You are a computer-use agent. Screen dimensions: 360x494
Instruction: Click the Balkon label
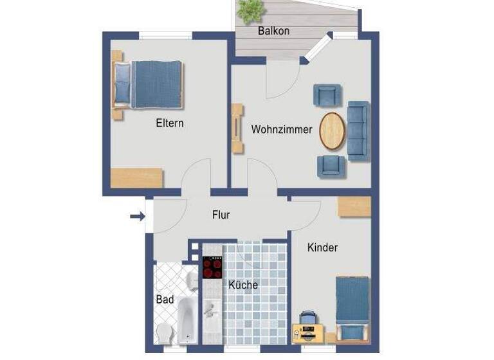point(273,30)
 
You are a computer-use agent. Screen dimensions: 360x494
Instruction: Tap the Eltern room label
point(170,123)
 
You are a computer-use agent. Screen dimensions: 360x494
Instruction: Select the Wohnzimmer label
point(282,129)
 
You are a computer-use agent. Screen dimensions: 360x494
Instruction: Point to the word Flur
point(221,215)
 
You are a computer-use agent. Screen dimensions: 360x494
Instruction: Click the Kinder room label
point(322,248)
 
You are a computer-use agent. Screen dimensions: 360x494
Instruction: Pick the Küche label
point(243,285)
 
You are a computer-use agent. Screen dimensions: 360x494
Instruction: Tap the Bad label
point(165,300)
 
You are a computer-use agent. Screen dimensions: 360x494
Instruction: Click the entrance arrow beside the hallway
point(137,217)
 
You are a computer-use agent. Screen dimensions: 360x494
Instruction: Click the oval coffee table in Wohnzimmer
point(332,131)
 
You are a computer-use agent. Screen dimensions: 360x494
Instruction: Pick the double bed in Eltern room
point(149,84)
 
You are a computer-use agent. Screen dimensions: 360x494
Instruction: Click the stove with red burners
point(213,267)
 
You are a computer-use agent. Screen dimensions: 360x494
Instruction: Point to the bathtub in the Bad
point(186,319)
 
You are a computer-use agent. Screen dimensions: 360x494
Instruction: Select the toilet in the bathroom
point(165,333)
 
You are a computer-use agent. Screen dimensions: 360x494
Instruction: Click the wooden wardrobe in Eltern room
point(136,177)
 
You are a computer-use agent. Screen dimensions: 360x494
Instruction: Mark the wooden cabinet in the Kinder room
point(354,206)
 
